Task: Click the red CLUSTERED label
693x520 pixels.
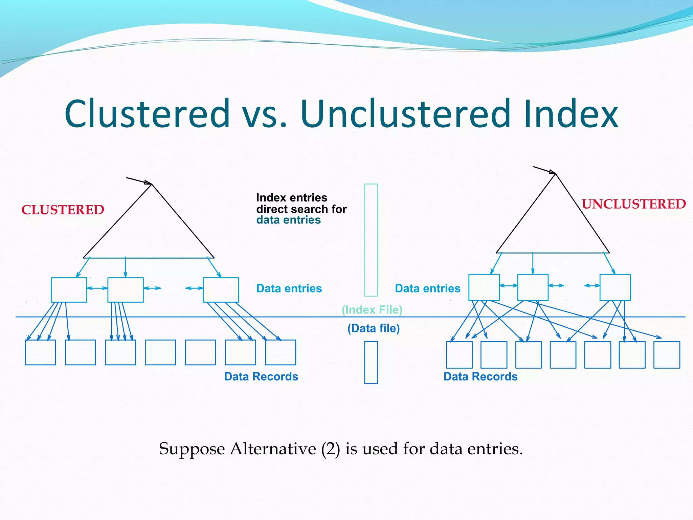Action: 63,210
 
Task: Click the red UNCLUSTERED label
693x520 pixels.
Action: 633,204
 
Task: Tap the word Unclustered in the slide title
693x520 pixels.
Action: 405,114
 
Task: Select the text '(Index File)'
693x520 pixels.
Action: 372,310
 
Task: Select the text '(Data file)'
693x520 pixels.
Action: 374,328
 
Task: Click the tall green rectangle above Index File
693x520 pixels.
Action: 371,240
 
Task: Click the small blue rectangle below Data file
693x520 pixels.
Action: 371,362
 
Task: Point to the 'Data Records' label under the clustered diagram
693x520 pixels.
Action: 261,376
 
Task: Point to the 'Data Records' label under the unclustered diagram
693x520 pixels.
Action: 480,376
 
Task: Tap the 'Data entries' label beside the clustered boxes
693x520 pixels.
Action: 289,288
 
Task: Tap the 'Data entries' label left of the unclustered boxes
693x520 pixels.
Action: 427,288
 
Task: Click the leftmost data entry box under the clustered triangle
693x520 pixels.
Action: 69,290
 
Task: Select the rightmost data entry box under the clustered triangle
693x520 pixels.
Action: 221,290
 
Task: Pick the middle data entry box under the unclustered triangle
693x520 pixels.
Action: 533,287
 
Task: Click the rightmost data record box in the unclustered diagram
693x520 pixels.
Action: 666,354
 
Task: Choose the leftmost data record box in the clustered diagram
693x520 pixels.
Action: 40,352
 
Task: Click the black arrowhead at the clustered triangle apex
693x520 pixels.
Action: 148,183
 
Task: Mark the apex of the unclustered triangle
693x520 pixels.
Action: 555,174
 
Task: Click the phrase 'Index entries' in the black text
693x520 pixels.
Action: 291,197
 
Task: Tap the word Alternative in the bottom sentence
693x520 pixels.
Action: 273,449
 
